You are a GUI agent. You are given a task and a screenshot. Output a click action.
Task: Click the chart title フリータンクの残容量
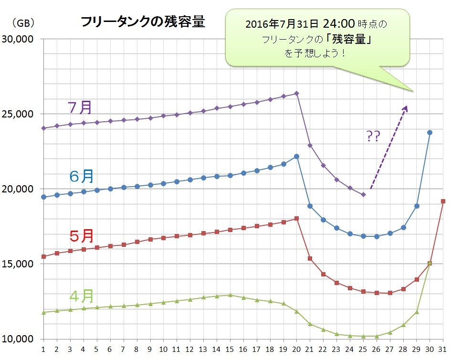(143, 22)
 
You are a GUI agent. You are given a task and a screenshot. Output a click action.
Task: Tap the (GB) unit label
(21, 22)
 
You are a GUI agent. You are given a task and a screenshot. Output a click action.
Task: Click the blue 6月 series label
(82, 176)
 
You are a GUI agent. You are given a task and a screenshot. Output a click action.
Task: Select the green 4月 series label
(82, 296)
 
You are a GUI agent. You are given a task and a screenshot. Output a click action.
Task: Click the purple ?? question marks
(373, 137)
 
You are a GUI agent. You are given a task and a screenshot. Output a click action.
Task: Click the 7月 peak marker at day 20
(296, 94)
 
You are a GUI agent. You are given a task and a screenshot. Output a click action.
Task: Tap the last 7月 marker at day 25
(363, 195)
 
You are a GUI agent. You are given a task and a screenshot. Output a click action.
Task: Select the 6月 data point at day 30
(430, 132)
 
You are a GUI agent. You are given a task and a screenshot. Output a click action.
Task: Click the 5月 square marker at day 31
(443, 201)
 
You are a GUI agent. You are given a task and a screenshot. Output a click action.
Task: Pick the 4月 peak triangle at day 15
(230, 295)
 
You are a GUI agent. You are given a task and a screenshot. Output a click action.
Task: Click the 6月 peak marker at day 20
(296, 156)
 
